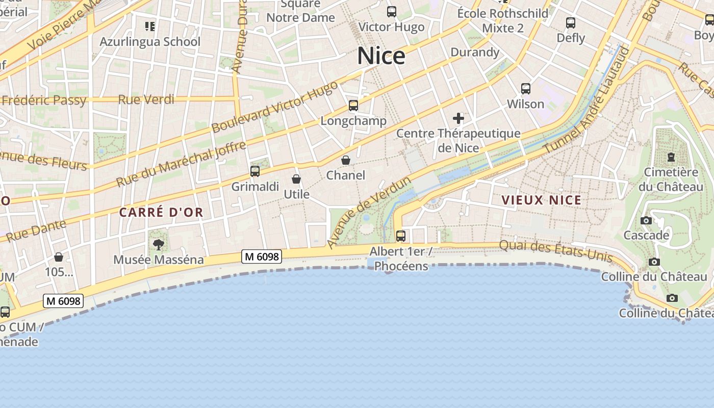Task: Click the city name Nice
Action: click(381, 56)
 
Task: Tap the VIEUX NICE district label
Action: click(542, 200)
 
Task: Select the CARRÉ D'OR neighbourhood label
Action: click(161, 212)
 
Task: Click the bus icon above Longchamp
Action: click(353, 106)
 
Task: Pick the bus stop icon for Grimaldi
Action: click(255, 171)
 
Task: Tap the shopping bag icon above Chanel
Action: click(346, 160)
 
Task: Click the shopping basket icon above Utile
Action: click(296, 179)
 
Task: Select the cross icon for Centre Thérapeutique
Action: click(458, 119)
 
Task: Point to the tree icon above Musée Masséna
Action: click(159, 244)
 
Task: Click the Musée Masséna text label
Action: click(158, 260)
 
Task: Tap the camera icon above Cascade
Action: click(646, 220)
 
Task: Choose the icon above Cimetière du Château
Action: click(671, 157)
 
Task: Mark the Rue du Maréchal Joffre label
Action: click(181, 164)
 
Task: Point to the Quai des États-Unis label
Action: click(556, 250)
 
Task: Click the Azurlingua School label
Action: click(150, 41)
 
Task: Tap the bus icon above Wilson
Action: click(526, 88)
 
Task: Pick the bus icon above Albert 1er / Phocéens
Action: click(401, 236)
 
